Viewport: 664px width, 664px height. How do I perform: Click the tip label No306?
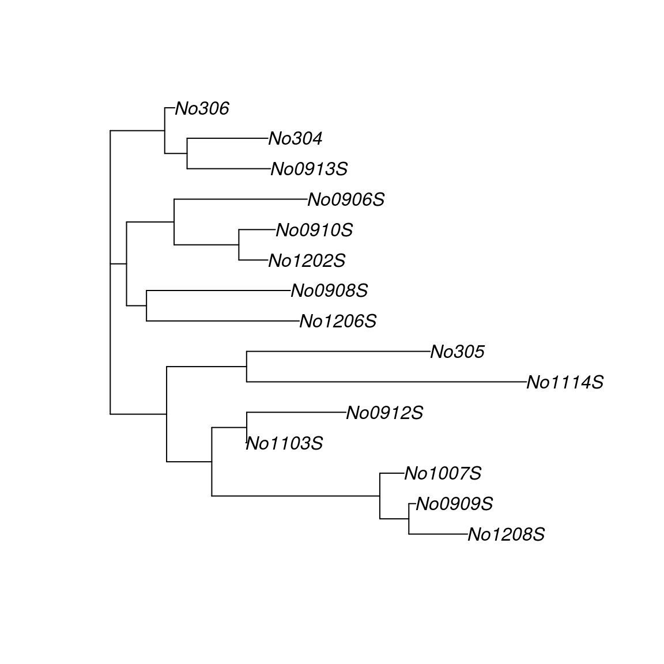point(202,108)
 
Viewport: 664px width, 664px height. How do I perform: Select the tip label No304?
point(295,139)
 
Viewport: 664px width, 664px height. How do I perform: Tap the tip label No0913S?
point(309,169)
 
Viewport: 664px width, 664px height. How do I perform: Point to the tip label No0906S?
point(346,200)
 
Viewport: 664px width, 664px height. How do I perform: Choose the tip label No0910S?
point(314,231)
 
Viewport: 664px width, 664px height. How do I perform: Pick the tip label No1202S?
point(307,261)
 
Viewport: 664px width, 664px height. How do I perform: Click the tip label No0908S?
point(329,291)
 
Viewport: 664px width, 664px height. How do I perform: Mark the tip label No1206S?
point(338,322)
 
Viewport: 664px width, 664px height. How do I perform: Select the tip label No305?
point(458,352)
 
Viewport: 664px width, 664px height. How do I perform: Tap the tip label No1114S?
point(565,383)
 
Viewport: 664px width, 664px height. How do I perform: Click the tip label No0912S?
point(384,413)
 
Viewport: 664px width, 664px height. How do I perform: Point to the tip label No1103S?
point(284,444)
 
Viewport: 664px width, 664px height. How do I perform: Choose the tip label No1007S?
point(443,474)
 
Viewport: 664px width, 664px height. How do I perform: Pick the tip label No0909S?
point(454,504)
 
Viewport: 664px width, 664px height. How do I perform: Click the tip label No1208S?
point(506,535)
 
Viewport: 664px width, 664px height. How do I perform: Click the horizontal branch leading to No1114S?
point(386,382)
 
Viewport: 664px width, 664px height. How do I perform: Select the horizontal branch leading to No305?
point(338,351)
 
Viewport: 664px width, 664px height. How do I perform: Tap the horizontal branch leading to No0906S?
point(241,199)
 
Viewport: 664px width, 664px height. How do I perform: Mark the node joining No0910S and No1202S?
point(239,245)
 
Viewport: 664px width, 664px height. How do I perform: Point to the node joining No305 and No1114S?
point(247,367)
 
